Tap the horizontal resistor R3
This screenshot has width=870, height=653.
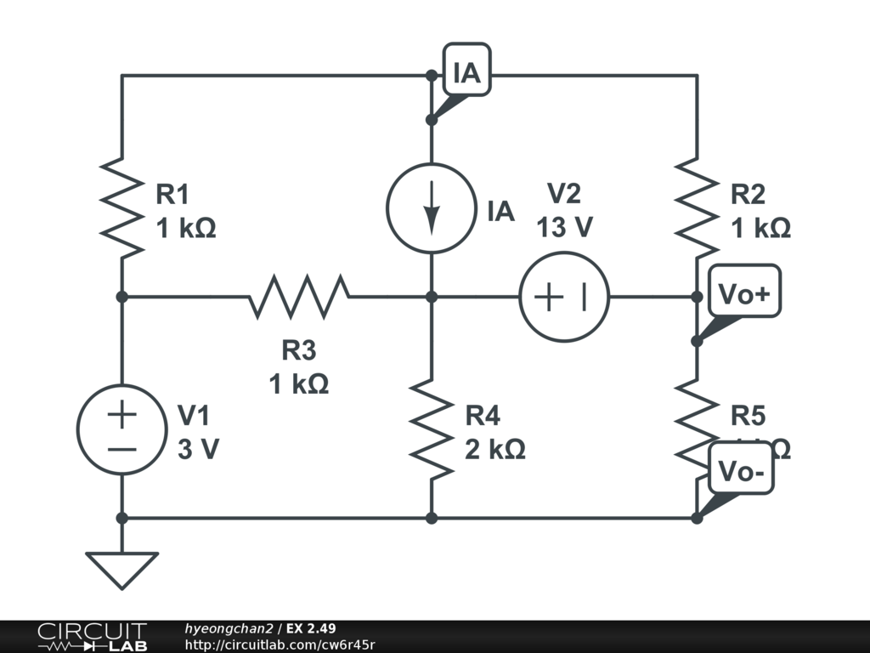tap(298, 296)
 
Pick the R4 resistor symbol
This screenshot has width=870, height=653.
tap(431, 429)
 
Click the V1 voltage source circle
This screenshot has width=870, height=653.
tap(121, 429)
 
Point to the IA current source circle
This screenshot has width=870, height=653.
tap(431, 207)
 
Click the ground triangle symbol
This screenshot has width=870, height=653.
tap(121, 568)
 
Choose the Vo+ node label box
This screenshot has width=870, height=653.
tap(743, 294)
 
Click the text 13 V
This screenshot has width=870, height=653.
tap(564, 228)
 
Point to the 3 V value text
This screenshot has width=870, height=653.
tap(198, 450)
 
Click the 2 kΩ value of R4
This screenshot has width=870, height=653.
tap(494, 449)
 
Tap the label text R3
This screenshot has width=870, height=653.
tap(298, 350)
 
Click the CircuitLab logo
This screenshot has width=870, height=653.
tap(91, 637)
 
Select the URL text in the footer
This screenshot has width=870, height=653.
tap(280, 645)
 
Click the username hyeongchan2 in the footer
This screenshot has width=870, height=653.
tap(229, 629)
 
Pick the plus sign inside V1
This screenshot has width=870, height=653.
tap(121, 415)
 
